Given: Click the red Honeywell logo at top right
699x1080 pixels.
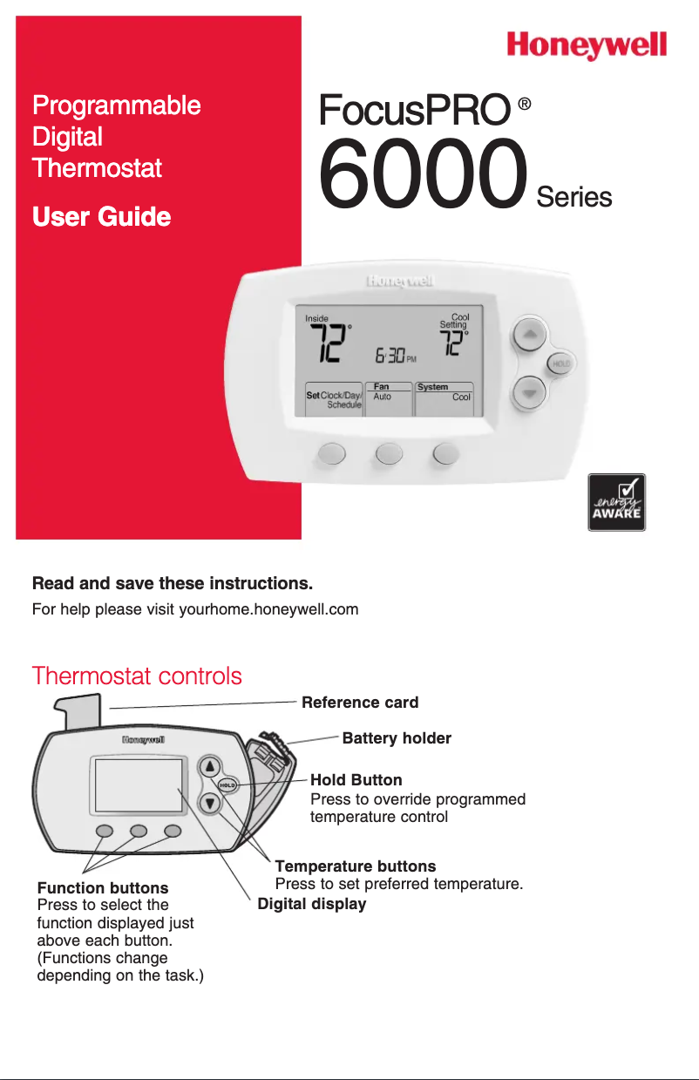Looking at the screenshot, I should [x=587, y=45].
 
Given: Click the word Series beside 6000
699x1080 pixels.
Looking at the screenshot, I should [x=574, y=197].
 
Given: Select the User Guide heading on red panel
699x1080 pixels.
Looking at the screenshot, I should [x=101, y=216].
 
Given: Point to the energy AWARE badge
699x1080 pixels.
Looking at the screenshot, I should [x=616, y=502].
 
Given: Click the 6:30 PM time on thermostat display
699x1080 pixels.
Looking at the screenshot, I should [x=396, y=357].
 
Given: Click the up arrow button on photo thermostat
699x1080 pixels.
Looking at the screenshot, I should [x=529, y=334].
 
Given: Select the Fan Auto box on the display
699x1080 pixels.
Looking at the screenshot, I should [x=388, y=397].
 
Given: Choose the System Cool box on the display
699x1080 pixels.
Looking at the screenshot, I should [x=444, y=397].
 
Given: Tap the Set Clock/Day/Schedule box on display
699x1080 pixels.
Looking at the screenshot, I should [x=333, y=399].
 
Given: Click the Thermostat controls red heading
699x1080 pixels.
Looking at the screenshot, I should [x=137, y=676].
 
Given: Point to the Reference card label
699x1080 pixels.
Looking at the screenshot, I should [x=360, y=703].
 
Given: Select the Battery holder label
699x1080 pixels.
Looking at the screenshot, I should [x=397, y=738].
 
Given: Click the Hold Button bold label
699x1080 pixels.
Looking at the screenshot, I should [x=356, y=779].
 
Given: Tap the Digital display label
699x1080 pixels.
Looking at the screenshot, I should [x=312, y=904].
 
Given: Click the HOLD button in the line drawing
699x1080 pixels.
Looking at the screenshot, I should [x=227, y=785].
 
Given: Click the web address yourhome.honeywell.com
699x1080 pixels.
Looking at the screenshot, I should [x=268, y=608].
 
